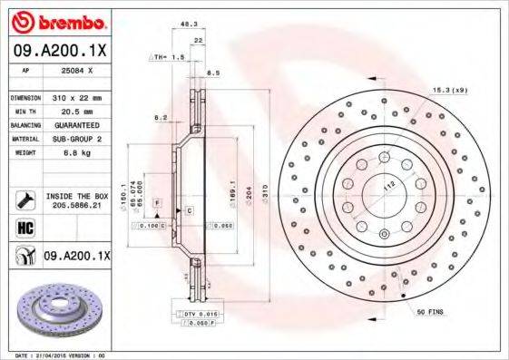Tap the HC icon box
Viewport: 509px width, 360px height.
[x=21, y=228]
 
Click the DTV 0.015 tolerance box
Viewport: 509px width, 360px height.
[x=197, y=314]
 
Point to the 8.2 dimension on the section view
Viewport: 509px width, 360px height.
[x=161, y=118]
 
